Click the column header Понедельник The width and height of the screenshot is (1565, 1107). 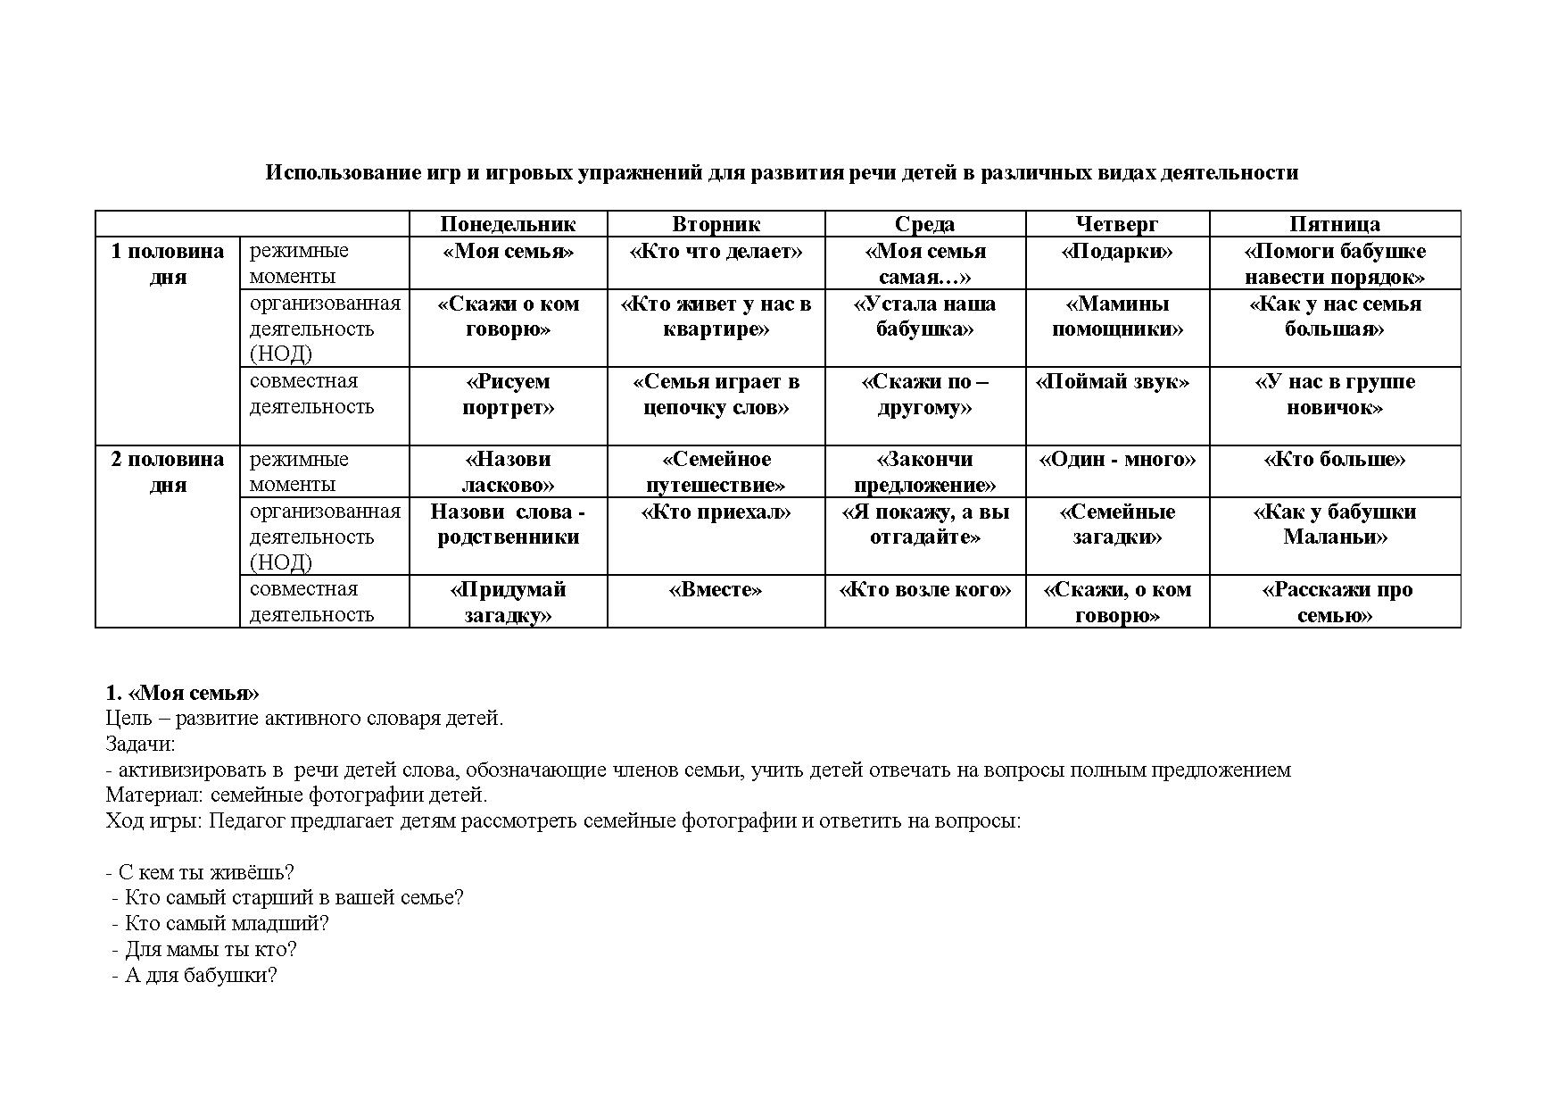coord(508,224)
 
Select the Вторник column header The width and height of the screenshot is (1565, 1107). coord(716,224)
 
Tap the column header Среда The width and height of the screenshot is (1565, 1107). coord(924,224)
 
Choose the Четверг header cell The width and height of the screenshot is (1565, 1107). coord(1117,224)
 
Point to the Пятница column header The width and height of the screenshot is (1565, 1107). coord(1335,224)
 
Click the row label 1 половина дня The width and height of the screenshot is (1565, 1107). coord(168,263)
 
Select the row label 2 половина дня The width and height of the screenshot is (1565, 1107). coord(168,471)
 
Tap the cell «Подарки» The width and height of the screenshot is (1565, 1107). coord(1117,252)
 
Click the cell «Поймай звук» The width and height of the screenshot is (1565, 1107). coord(1112,382)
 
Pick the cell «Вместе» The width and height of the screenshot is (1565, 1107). coord(716,590)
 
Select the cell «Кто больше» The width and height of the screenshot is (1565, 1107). coord(1335,460)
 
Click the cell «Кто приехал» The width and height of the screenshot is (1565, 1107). coord(716,512)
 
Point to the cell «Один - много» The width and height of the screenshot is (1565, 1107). coord(1117,460)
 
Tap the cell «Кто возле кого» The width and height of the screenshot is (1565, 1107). coord(925,590)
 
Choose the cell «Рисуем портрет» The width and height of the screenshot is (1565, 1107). coord(508,395)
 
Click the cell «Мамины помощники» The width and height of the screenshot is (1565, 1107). coord(1117,316)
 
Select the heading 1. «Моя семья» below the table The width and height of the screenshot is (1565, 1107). coord(182,694)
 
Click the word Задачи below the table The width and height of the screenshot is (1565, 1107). coord(140,744)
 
